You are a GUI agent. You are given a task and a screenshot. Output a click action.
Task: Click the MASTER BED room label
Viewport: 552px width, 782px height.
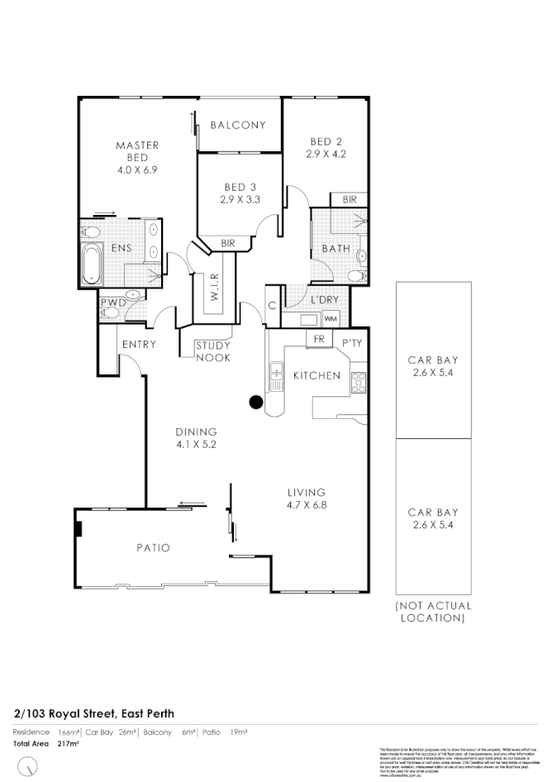pos(137,151)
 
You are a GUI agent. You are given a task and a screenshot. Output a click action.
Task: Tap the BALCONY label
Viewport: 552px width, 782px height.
pos(238,126)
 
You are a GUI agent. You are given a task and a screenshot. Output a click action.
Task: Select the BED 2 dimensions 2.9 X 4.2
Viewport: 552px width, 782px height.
pos(326,154)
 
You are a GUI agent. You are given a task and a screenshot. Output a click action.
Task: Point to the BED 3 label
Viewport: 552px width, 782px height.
pos(240,187)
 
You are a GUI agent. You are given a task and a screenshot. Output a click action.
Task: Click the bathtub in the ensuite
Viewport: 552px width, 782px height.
pos(91,264)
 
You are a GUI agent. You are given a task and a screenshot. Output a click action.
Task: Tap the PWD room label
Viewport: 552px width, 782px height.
pos(112,303)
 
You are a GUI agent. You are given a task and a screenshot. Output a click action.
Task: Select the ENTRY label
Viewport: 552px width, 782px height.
pos(139,345)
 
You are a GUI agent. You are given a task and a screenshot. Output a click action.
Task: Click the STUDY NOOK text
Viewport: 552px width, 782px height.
pos(213,352)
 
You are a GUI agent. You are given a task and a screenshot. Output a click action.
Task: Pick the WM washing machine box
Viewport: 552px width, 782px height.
pos(331,318)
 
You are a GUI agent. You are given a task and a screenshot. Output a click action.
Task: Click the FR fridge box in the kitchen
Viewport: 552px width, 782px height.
pos(317,339)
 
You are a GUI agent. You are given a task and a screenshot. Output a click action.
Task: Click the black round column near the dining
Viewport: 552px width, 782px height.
pos(256,403)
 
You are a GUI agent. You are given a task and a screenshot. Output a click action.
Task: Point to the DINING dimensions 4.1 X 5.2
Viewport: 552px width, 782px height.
pos(196,444)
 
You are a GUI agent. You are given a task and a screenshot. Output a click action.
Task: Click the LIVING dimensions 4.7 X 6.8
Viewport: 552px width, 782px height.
pos(307,504)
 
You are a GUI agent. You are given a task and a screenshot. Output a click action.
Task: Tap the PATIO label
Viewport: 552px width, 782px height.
pos(154,548)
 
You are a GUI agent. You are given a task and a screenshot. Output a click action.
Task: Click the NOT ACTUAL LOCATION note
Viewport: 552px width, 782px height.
pos(434,612)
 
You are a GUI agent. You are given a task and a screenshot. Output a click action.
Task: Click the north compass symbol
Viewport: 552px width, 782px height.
pos(30,768)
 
